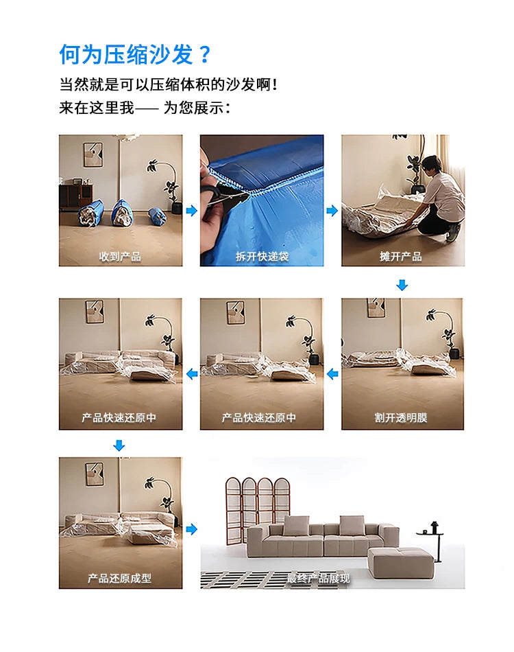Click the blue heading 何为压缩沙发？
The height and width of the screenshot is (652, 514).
(136, 54)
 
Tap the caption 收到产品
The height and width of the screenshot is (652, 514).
(120, 257)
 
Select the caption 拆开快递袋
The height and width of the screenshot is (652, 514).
(262, 257)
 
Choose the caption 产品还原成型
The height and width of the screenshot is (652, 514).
(120, 579)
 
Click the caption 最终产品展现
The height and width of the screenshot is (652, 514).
(318, 579)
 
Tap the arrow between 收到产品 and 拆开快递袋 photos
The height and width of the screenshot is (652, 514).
(191, 211)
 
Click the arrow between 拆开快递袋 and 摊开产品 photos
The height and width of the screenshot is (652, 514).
(332, 211)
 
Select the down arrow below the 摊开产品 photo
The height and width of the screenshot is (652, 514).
(402, 285)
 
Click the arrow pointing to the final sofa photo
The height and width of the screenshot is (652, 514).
(191, 529)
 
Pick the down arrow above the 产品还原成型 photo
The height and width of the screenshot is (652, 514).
(119, 446)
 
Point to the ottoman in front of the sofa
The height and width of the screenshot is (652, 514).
(401, 561)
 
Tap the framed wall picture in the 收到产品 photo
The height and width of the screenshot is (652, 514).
(93, 154)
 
